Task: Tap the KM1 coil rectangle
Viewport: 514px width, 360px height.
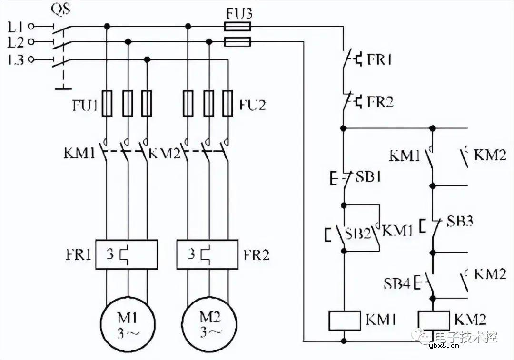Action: tap(345, 320)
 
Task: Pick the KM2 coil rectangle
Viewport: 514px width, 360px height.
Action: tap(433, 320)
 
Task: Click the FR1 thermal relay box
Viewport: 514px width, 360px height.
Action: tap(127, 254)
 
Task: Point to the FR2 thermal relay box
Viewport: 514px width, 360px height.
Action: tap(207, 254)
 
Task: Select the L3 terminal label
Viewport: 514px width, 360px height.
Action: tap(16, 60)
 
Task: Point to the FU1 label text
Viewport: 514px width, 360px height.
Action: tap(84, 106)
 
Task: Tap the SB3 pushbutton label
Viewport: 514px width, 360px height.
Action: tap(460, 221)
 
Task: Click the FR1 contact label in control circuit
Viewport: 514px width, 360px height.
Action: tap(379, 60)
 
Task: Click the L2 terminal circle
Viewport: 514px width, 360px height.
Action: tap(31, 43)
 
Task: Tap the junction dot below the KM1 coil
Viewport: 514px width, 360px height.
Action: tap(344, 341)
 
